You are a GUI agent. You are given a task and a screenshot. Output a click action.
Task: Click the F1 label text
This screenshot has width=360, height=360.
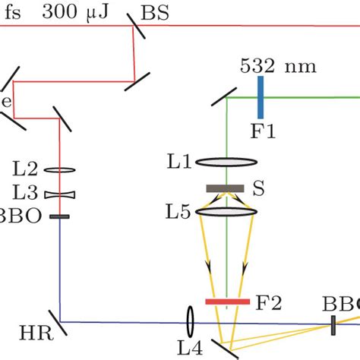click(x=263, y=130)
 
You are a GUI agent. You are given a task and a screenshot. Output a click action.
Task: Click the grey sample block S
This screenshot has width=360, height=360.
click(x=225, y=188)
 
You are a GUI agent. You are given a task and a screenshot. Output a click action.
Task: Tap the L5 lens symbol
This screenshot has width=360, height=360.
click(x=226, y=213)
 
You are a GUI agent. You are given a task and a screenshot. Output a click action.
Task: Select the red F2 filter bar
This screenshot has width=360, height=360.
click(x=227, y=302)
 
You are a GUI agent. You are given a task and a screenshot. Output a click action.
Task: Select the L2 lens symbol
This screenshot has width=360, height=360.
click(x=59, y=172)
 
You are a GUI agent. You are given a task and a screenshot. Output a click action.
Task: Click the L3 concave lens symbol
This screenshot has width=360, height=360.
click(x=59, y=194)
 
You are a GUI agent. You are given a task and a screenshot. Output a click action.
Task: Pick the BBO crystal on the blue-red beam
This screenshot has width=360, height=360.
click(x=59, y=216)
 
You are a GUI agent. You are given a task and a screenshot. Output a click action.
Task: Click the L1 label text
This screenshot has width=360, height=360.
click(x=180, y=162)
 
